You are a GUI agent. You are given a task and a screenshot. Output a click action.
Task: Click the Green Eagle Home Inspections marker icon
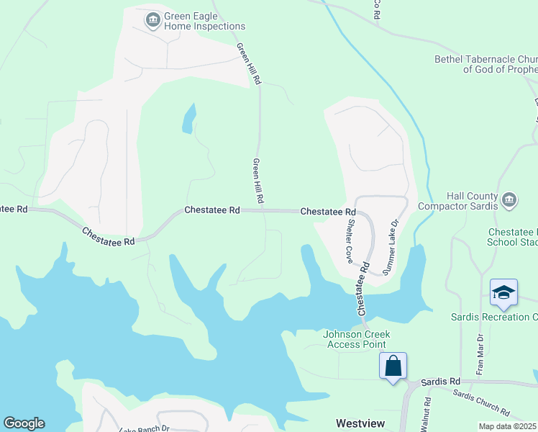152,20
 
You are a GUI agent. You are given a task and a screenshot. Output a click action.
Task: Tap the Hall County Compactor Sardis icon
509,199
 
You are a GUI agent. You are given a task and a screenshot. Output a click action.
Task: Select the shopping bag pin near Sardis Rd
393,365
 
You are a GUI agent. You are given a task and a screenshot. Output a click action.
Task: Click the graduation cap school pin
503,292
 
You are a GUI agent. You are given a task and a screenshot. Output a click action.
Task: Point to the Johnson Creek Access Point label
356,338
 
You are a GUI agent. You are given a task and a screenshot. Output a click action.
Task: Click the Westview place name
360,423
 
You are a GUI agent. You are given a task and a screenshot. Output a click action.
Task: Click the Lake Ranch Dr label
144,429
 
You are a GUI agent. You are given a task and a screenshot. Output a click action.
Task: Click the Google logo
24,423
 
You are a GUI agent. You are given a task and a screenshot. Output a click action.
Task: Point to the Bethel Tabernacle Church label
486,64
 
